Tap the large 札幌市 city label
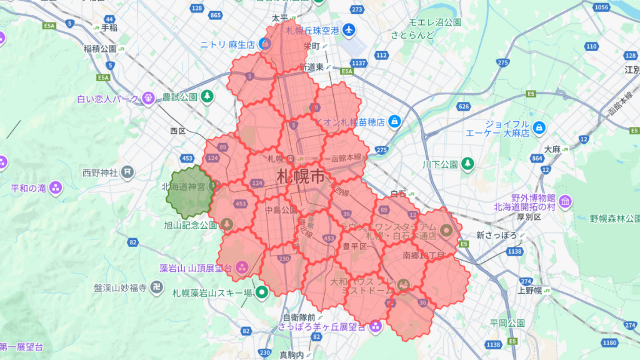pyautogui.click(x=301, y=176)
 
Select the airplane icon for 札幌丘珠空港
pyautogui.click(x=348, y=30)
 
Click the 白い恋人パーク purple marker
pyautogui.click(x=148, y=97)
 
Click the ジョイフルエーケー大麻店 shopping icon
pyautogui.click(x=539, y=128)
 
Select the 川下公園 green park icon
pyautogui.click(x=467, y=164)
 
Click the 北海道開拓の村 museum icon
pyautogui.click(x=565, y=201)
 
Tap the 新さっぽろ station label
pyautogui.click(x=497, y=235)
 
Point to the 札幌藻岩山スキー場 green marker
pyautogui.click(x=261, y=291)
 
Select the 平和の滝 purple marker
pyautogui.click(x=56, y=187)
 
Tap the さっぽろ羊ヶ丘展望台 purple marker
pyautogui.click(x=376, y=326)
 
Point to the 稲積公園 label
pyautogui.click(x=100, y=48)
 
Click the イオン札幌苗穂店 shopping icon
pyautogui.click(x=394, y=120)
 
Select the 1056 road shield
pyautogui.click(x=602, y=7)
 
